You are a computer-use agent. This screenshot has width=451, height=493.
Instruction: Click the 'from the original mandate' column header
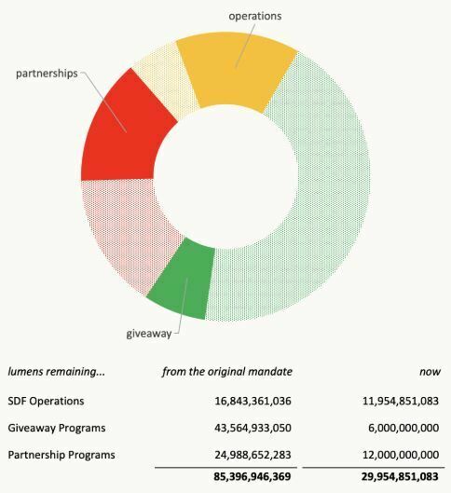click(x=227, y=371)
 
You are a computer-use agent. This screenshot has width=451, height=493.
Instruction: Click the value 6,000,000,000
click(x=394, y=428)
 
